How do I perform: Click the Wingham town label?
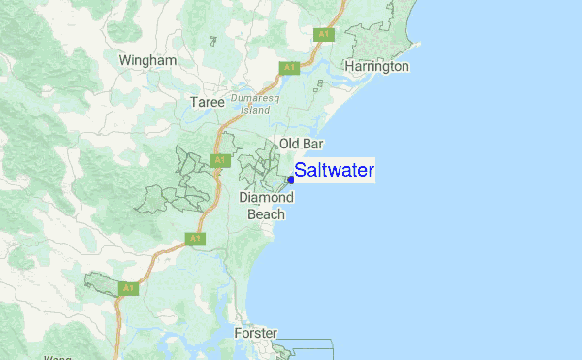click(147, 60)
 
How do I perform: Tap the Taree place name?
click(207, 102)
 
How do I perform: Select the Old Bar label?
click(301, 145)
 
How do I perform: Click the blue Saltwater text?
click(334, 171)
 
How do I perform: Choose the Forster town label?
click(256, 334)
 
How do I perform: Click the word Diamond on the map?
click(266, 198)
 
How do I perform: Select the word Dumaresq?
click(254, 98)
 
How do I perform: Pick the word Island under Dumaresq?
click(254, 110)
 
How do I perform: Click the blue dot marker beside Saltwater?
click(291, 180)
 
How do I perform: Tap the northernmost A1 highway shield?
click(323, 34)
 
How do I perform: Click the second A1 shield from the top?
click(288, 67)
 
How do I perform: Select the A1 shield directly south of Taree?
click(220, 160)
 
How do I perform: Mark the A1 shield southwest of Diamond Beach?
click(196, 238)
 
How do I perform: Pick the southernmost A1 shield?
click(129, 288)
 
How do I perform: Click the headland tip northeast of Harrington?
click(417, 43)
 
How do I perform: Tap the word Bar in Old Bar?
click(312, 145)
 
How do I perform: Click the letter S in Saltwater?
click(301, 171)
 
